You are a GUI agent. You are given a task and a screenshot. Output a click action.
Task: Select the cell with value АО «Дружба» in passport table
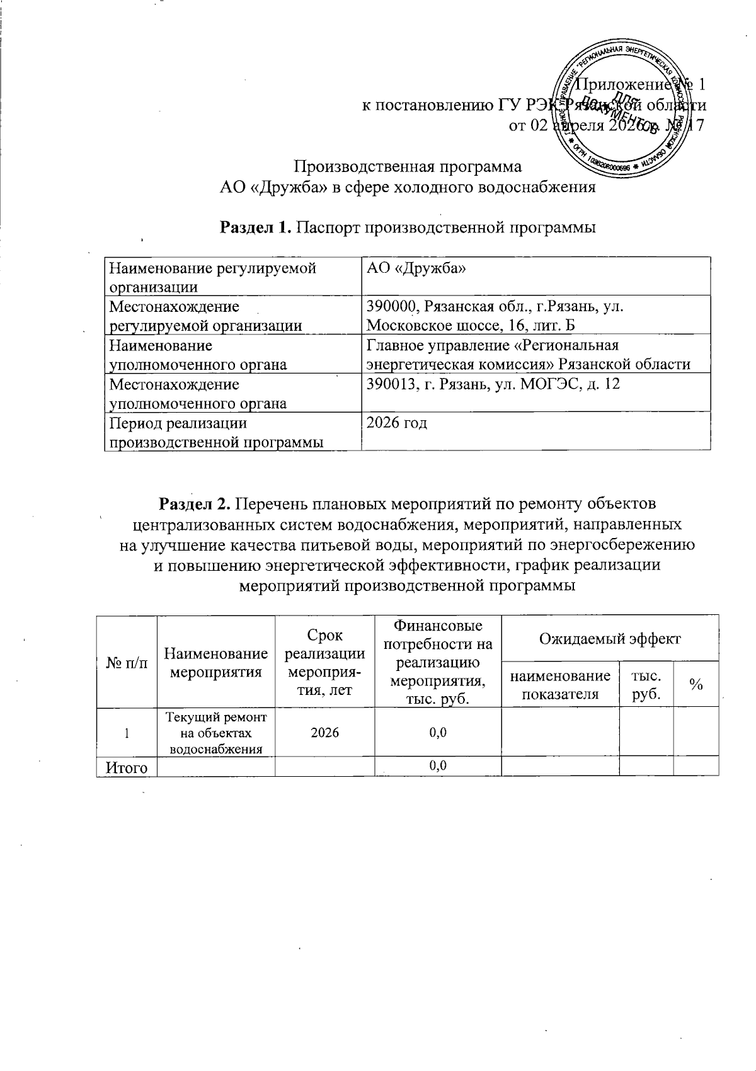(x=416, y=268)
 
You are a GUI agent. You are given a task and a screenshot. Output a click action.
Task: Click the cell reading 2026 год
(x=397, y=423)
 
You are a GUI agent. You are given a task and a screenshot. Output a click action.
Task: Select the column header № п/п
(x=126, y=662)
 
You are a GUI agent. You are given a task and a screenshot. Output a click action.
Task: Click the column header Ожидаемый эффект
(x=609, y=638)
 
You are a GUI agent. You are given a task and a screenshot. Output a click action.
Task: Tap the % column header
(x=696, y=685)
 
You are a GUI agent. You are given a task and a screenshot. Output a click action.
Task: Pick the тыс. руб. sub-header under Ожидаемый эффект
(x=646, y=684)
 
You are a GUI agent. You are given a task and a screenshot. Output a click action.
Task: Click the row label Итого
(x=126, y=766)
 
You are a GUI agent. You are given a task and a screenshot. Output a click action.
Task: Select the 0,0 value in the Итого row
(x=437, y=765)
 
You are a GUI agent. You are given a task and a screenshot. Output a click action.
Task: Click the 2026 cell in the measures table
(x=324, y=732)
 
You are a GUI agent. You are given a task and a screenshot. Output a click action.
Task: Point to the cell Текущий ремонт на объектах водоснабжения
(x=215, y=732)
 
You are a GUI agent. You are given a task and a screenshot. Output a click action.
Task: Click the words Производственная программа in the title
(x=409, y=167)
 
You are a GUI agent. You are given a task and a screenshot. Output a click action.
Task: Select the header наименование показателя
(x=560, y=685)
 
